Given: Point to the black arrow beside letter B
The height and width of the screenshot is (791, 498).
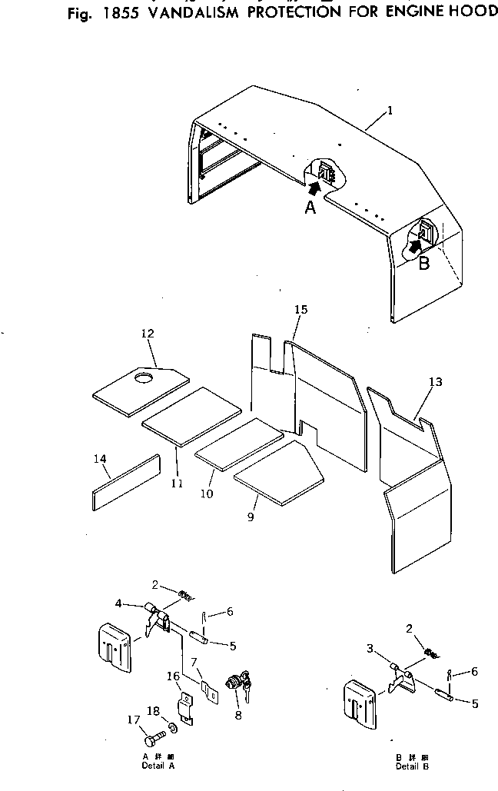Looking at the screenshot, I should (x=415, y=244).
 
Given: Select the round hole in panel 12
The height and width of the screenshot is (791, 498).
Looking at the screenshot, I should (x=143, y=377).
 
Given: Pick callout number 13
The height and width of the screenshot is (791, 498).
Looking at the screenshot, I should (x=436, y=382).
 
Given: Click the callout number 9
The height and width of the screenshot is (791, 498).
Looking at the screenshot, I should (x=251, y=517).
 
